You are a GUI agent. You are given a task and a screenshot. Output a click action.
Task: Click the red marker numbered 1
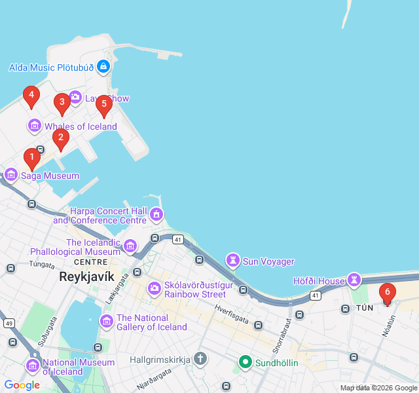31,158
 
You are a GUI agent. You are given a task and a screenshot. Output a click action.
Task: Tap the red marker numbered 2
60,138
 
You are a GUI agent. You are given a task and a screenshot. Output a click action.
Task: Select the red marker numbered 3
62,103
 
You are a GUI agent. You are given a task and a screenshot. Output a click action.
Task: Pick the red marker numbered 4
31,96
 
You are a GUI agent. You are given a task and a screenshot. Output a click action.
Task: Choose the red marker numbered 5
103,104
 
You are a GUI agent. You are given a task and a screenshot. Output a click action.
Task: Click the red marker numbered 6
387,293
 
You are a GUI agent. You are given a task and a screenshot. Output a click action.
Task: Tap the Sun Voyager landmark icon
232,261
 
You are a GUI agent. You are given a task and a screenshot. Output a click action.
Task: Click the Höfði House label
318,281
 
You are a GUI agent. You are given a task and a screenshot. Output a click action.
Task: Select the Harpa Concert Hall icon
156,214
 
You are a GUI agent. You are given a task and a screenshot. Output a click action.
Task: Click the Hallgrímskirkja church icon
200,359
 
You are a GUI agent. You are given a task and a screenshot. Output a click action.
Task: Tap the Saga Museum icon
11,175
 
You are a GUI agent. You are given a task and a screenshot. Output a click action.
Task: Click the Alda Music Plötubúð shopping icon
103,66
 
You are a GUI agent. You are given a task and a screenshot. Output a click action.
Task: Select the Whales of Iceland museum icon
34,126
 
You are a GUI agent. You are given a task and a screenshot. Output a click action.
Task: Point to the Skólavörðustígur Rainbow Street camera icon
155,288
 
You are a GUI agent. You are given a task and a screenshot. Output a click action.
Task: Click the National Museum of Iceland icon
32,366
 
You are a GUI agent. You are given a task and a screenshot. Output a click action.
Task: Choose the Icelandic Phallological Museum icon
130,246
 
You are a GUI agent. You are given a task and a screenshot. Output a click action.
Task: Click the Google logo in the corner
22,385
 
